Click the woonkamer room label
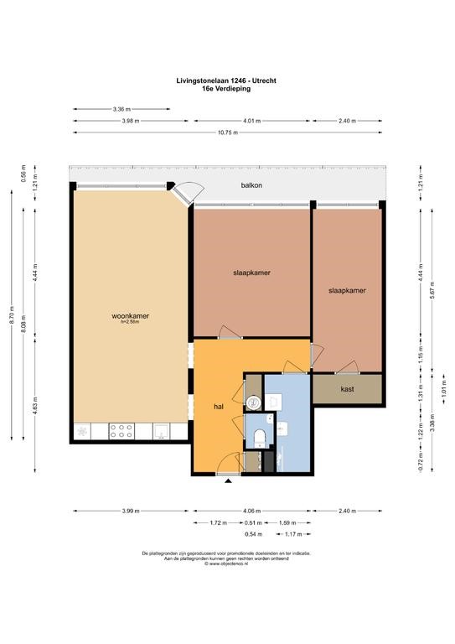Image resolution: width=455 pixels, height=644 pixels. (130, 316)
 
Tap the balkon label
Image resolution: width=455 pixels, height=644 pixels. (251, 185)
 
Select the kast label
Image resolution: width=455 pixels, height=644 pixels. (347, 389)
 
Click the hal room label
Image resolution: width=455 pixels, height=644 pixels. (219, 407)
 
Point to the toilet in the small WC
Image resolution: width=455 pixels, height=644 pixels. (259, 438)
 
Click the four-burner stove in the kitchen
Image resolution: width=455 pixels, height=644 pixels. (121, 431)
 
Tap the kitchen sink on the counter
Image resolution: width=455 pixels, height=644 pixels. (161, 431)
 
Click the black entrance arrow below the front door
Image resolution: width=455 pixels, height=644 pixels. (228, 480)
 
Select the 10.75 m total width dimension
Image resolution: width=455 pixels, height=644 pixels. (227, 132)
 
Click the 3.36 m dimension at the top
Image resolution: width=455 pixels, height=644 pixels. (122, 109)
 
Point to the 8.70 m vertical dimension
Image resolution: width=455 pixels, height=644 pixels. (12, 314)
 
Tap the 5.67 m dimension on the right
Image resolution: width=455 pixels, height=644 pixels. (432, 291)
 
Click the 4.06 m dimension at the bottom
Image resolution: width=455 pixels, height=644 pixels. (252, 511)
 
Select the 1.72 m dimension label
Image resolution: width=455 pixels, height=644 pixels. (218, 523)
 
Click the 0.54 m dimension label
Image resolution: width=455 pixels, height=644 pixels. (253, 534)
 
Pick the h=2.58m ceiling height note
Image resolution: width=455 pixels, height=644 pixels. (130, 322)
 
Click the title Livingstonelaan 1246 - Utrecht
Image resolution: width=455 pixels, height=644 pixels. (226, 80)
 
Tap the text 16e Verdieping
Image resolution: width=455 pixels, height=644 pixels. (226, 88)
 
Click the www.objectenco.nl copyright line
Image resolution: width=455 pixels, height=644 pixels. (226, 563)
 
